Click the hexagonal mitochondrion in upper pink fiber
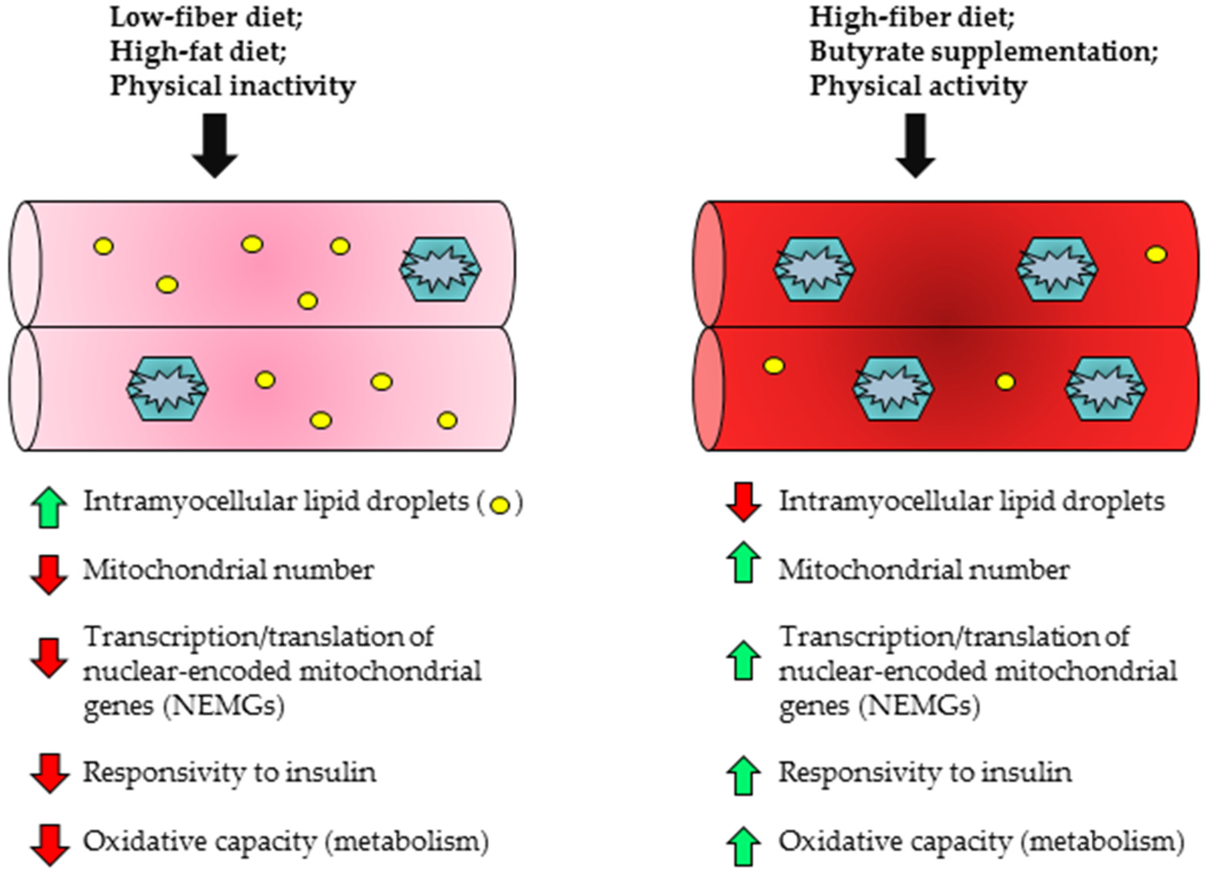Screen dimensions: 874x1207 click(x=440, y=269)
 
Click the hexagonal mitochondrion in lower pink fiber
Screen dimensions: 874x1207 click(x=167, y=389)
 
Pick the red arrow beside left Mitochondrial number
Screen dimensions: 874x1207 click(x=49, y=574)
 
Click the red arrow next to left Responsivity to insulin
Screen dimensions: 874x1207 click(x=49, y=773)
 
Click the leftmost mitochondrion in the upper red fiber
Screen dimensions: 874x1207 click(x=814, y=269)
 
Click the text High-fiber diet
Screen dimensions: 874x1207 click(x=911, y=18)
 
